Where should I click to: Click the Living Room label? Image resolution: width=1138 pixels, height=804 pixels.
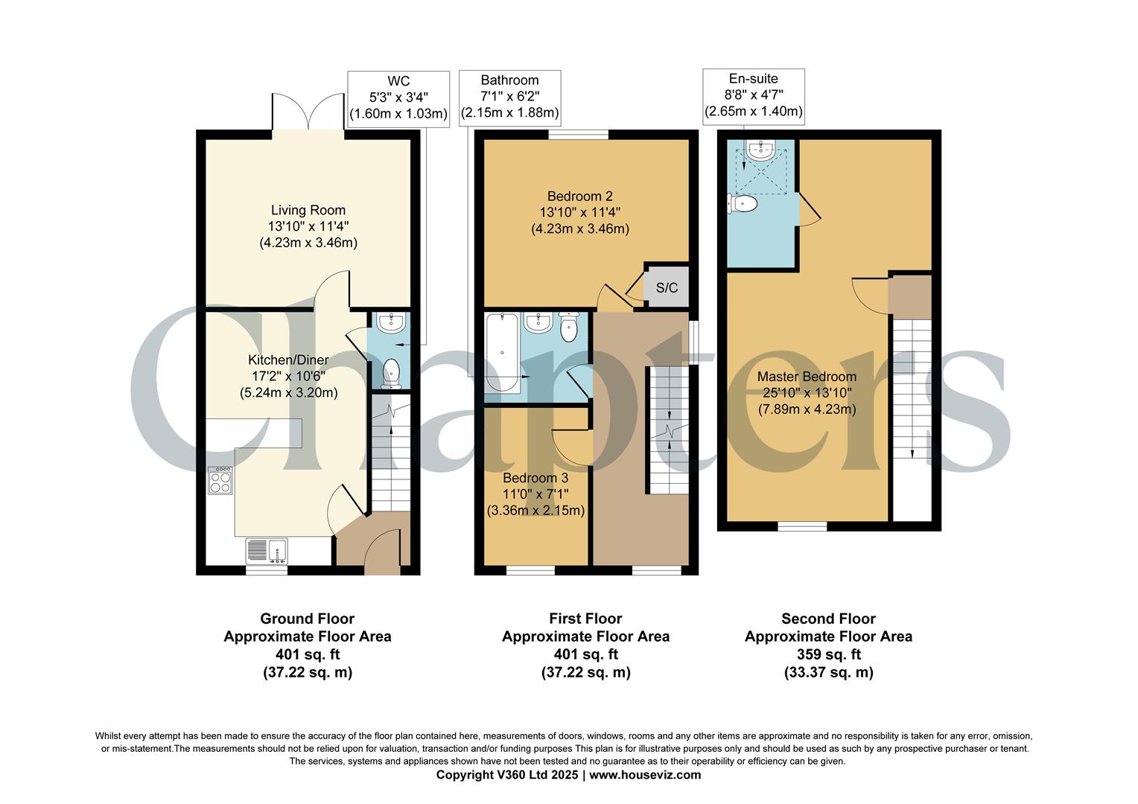click(x=308, y=211)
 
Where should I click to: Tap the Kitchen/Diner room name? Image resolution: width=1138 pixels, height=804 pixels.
click(x=288, y=360)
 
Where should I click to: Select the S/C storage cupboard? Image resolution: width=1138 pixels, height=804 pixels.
click(x=667, y=287)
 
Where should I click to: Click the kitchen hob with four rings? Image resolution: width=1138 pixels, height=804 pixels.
click(x=221, y=480)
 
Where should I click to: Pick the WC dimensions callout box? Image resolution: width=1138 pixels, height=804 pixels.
click(x=398, y=98)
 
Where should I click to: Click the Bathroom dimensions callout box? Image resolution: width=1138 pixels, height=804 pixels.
click(x=509, y=97)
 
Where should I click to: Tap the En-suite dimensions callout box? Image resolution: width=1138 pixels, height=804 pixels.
click(x=753, y=95)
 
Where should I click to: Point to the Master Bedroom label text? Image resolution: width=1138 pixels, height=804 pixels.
click(x=807, y=377)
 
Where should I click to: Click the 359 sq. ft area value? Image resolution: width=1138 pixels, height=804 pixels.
click(x=828, y=654)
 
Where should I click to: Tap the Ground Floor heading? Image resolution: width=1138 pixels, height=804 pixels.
click(x=307, y=619)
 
